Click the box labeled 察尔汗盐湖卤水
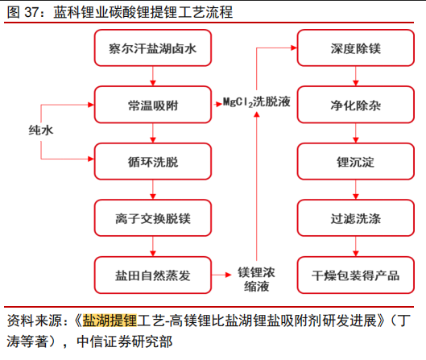click(x=153, y=48)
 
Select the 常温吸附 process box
click(x=153, y=105)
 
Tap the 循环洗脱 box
click(x=153, y=161)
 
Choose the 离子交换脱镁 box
click(x=153, y=218)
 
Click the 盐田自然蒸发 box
click(x=153, y=275)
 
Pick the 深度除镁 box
click(x=356, y=48)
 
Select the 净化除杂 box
click(x=356, y=105)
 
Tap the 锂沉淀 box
click(x=356, y=161)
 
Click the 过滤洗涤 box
click(x=356, y=218)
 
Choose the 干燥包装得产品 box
click(x=356, y=275)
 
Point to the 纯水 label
click(x=41, y=130)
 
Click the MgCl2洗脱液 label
click(x=257, y=102)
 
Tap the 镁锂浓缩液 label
click(x=256, y=279)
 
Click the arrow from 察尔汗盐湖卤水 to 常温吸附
click(x=153, y=76)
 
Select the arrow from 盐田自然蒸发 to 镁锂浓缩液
click(x=221, y=275)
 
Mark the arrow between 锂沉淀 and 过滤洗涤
click(x=356, y=189)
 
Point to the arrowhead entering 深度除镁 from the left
click(x=294, y=48)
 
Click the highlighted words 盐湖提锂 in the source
click(x=110, y=321)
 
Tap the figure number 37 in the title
click(x=31, y=12)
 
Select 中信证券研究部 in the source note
click(x=125, y=341)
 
